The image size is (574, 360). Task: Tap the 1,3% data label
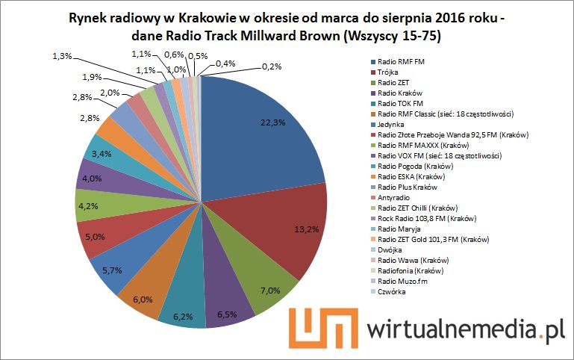[x=63, y=56]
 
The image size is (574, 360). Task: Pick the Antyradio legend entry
[x=393, y=197]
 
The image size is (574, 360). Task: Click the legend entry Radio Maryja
[x=399, y=229]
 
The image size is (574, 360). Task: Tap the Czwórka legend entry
[x=391, y=291]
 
